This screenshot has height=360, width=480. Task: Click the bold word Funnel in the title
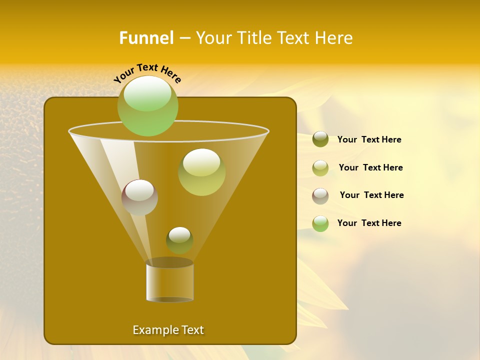(x=146, y=38)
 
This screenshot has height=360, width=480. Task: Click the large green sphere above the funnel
(x=148, y=105)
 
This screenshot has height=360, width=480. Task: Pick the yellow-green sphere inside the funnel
(x=202, y=172)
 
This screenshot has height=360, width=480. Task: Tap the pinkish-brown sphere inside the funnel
(x=140, y=197)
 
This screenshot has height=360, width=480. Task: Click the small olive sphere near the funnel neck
(x=179, y=240)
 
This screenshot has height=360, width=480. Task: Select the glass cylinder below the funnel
(x=169, y=283)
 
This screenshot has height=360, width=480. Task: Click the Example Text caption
(x=168, y=330)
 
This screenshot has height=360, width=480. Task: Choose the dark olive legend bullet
(x=320, y=139)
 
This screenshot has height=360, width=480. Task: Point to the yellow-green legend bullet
(x=320, y=168)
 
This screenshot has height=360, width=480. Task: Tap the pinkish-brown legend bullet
(x=320, y=196)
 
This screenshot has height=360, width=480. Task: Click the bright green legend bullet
(x=320, y=223)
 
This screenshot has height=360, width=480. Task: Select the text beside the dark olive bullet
(x=369, y=140)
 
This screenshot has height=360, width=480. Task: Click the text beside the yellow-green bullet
(x=370, y=167)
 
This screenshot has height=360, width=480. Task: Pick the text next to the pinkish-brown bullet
(x=371, y=195)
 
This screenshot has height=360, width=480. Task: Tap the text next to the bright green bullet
(x=369, y=223)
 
